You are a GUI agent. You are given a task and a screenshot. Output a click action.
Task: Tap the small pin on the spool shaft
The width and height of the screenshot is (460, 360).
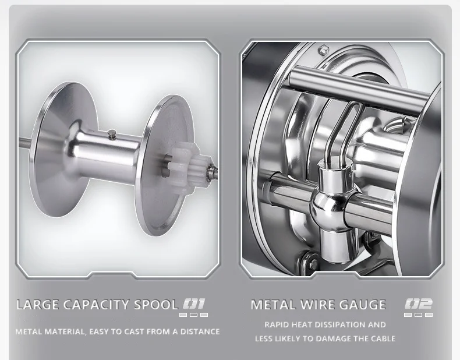pyautogui.click(x=111, y=134)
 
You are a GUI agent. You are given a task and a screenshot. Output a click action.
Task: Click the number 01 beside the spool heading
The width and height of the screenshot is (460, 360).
pyautogui.click(x=194, y=304)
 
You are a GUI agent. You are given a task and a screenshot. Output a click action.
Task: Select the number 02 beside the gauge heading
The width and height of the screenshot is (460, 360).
pyautogui.click(x=419, y=304)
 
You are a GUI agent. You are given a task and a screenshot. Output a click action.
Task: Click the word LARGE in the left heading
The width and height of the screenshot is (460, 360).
pyautogui.click(x=38, y=305)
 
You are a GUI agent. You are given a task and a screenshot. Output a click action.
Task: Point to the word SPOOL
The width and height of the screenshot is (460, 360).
pyautogui.click(x=156, y=305)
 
